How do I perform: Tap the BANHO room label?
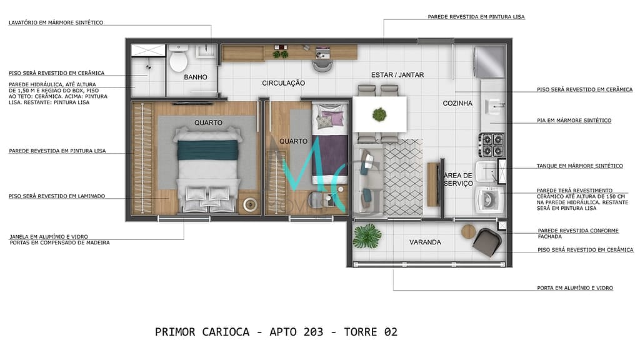(196, 77)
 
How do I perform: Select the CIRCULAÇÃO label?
(283, 82)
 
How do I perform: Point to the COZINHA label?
(457, 104)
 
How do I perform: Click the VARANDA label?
(425, 242)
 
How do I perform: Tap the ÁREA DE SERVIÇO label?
(458, 179)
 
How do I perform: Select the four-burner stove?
(491, 145)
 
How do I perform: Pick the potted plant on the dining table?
(379, 114)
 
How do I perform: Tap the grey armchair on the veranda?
(486, 241)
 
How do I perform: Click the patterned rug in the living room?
(402, 177)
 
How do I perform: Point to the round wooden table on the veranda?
(469, 231)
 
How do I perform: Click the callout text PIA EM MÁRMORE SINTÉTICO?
(574, 120)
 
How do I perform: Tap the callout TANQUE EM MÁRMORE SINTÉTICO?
(579, 166)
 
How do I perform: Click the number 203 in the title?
(311, 332)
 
